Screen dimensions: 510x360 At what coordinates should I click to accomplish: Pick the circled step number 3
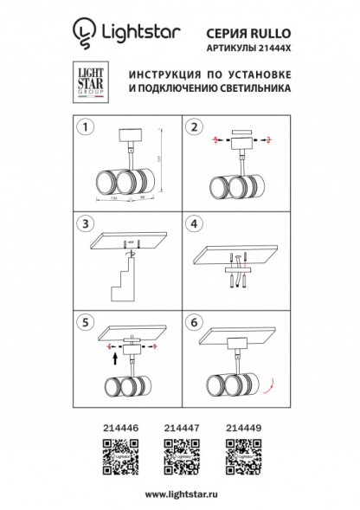[x=85, y=223]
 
